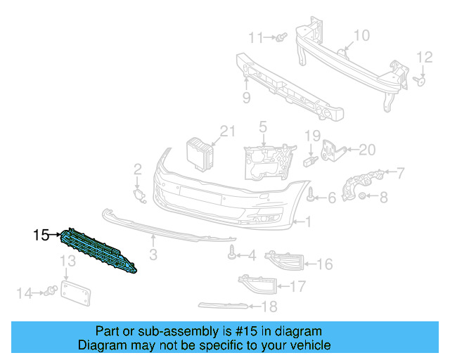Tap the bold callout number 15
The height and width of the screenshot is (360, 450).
click(41, 235)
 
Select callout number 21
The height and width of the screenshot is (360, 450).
click(226, 130)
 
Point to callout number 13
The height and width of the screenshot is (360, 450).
click(67, 262)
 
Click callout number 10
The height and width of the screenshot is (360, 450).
click(361, 35)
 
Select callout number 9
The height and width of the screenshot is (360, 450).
click(246, 97)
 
